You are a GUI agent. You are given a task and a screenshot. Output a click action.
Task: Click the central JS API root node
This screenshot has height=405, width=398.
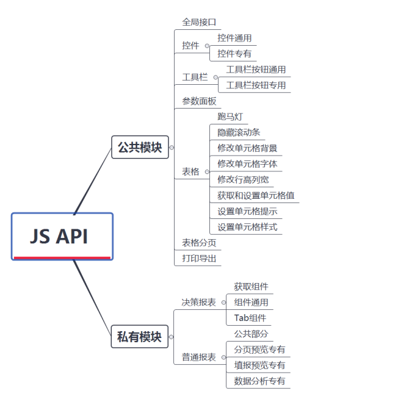tap(62, 237)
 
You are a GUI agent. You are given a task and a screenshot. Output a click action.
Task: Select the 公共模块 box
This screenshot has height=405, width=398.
tap(140, 147)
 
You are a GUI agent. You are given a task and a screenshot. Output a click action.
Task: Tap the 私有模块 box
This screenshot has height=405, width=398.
tap(140, 336)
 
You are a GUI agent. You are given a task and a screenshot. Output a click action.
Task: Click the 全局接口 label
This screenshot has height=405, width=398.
tap(199, 22)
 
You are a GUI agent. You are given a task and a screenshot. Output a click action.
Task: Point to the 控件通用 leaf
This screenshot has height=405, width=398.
tap(234, 38)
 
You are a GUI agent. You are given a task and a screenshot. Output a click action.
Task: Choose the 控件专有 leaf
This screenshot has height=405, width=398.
tap(234, 54)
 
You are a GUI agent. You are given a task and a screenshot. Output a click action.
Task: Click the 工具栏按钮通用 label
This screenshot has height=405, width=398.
tap(256, 70)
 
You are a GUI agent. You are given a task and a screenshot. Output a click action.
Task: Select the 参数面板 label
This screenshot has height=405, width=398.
tap(199, 101)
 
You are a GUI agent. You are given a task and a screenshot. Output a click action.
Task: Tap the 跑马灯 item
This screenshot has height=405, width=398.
tap(230, 116)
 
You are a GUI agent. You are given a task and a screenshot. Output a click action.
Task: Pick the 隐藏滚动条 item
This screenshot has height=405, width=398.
tap(239, 132)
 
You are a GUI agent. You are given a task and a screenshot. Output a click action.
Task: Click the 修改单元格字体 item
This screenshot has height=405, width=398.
tap(247, 164)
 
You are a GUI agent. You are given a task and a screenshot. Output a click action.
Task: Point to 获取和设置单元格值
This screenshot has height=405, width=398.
tap(256, 196)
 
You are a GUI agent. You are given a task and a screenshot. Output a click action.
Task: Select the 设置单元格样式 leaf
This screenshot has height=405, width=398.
tap(247, 228)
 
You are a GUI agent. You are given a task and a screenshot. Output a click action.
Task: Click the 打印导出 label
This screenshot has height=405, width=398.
tap(199, 259)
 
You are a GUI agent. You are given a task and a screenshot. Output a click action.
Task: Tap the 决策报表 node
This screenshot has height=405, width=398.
tap(198, 303)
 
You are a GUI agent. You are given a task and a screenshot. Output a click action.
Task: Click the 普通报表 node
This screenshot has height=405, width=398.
tap(198, 357)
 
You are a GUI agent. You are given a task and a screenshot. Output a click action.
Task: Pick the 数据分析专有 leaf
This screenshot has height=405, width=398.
tap(259, 382)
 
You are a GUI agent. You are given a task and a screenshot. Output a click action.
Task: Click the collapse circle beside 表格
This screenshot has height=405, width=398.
tap(207, 172)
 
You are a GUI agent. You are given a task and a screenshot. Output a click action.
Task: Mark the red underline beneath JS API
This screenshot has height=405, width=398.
tap(62, 258)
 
